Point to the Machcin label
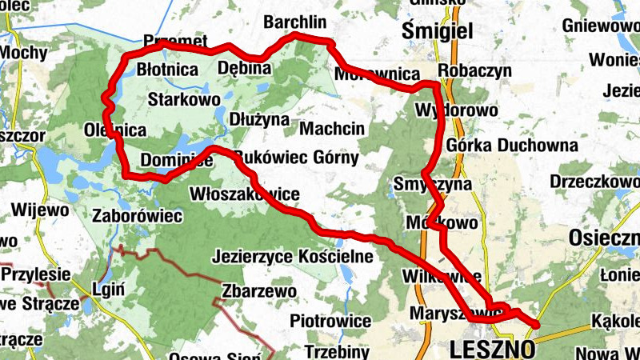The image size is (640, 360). (332, 128)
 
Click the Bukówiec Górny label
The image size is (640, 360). (297, 158)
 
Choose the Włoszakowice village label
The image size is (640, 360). (245, 194)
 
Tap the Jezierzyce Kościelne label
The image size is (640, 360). (293, 257)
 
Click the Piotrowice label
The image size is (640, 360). (330, 321)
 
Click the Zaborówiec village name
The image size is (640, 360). (138, 216)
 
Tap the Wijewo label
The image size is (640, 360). (39, 210)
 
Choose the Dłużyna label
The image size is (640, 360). (258, 119)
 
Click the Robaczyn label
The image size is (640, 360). (475, 70)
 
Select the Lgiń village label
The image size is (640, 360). (108, 289)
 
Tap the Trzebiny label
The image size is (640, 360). (337, 351)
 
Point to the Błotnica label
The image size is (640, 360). (167, 70)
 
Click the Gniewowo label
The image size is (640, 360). (600, 26)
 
